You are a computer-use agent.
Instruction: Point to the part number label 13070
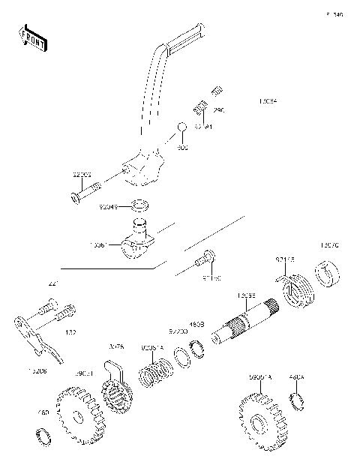click(329, 245)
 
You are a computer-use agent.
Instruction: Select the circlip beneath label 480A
click(297, 402)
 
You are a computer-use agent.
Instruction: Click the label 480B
click(196, 325)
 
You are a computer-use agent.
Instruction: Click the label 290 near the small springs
click(219, 110)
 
